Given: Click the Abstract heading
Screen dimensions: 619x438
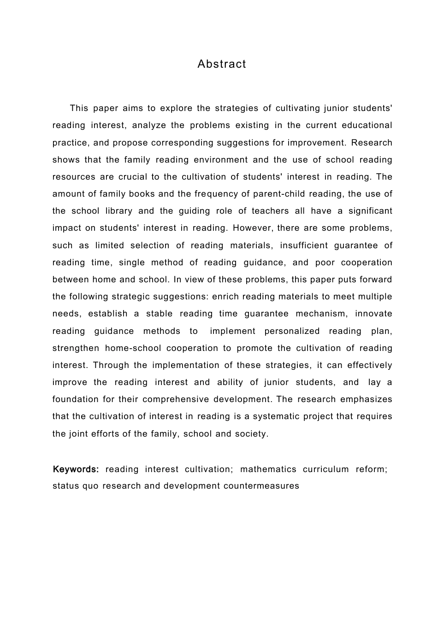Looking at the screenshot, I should pyautogui.click(x=222, y=64).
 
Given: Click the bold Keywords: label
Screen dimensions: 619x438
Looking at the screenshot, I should pyautogui.click(x=76, y=469).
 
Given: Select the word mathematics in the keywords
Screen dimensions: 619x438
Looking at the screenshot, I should pyautogui.click(x=268, y=469).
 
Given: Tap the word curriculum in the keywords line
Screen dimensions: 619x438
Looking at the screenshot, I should pyautogui.click(x=326, y=469).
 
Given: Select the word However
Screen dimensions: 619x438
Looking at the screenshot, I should pyautogui.click(x=253, y=228).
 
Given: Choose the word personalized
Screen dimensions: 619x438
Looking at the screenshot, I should pyautogui.click(x=292, y=331).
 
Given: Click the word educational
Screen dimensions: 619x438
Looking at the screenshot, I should pyautogui.click(x=367, y=125).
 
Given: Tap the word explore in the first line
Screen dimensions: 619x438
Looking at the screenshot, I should pyautogui.click(x=176, y=108).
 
